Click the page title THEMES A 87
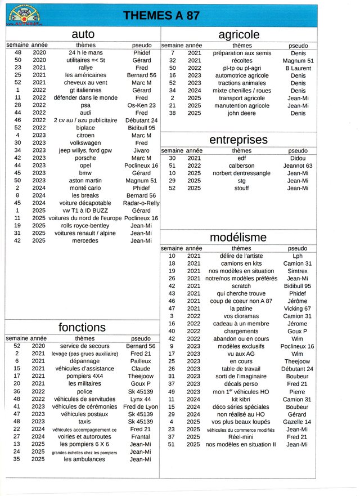pos(161,15)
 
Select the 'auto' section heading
pos(83,34)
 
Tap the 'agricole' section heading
pos(238,34)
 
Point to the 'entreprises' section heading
pos(238,140)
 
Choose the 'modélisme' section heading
pos(238,237)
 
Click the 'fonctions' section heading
pos(82,327)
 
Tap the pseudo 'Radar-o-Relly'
pos(141,203)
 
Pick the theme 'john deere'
pos(241,113)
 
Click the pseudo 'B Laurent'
pos(298,68)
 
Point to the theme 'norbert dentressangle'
pos(241,173)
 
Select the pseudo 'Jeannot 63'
pos(298,166)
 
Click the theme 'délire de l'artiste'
pos(241,256)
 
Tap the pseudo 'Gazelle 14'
pos(298,422)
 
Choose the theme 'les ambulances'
pos(84,459)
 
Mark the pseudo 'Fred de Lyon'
pos(141,406)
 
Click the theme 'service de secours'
pos(84,346)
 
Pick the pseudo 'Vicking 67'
pos(298,309)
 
